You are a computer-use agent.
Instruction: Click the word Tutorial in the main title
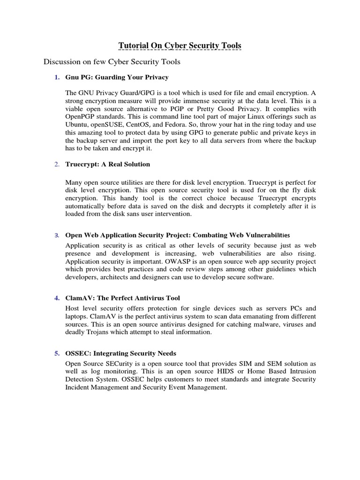tap(133, 45)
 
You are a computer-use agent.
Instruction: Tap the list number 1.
tap(57, 77)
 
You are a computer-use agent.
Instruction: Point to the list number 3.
tap(56, 235)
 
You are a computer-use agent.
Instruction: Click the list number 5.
tap(57, 353)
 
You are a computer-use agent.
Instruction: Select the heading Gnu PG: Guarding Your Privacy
tap(117, 77)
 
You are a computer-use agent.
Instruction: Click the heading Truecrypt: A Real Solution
tap(108, 164)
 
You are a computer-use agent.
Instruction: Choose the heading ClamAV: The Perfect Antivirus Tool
tap(122, 298)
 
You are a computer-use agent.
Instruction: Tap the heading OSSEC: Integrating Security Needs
tap(120, 353)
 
